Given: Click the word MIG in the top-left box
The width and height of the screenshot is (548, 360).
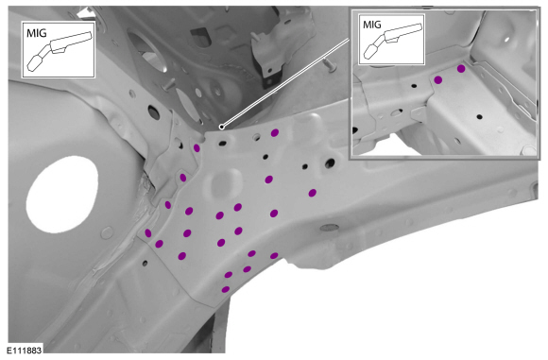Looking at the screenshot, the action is (36, 33).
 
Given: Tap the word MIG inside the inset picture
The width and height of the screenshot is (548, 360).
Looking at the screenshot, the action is (372, 25).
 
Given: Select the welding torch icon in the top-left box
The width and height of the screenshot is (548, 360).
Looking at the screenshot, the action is (60, 51).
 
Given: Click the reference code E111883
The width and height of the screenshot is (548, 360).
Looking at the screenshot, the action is (24, 350).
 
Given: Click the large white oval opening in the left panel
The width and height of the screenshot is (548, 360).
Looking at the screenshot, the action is (61, 194).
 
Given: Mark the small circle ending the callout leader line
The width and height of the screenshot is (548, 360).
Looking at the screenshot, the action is (222, 127).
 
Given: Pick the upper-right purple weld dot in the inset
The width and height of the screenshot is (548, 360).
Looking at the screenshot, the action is (461, 69).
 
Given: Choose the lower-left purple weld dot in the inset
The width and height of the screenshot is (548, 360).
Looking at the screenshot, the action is (437, 80).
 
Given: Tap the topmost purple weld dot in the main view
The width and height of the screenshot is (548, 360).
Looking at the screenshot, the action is (275, 133).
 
